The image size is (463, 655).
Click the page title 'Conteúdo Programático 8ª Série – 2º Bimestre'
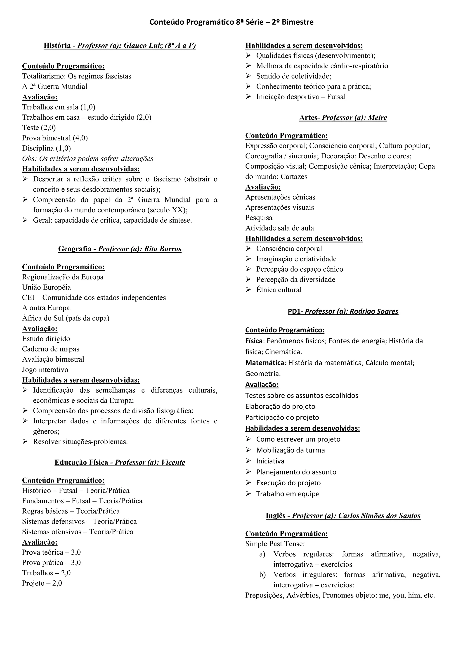coord(231,22)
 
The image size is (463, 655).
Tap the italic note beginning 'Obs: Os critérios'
coord(87,159)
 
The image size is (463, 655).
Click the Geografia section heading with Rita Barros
coord(120,249)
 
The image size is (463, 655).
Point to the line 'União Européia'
coord(47,287)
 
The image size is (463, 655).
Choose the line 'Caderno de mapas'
coord(51,349)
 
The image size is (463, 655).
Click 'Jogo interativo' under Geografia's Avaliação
coord(45,370)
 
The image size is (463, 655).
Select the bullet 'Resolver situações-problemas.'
coord(80,442)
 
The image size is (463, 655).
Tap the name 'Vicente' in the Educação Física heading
coord(173,463)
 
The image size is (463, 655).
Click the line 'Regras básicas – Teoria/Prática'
coord(71,511)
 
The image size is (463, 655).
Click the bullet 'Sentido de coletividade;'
coord(294,76)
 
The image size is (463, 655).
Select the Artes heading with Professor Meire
coord(343,118)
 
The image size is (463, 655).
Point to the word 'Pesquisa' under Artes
coord(259,218)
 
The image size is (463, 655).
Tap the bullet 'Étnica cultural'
coord(279,290)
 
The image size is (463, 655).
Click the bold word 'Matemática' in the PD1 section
coord(265,363)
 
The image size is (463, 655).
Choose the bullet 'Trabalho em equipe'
coord(288,494)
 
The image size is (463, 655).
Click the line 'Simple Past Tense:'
coord(275,544)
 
